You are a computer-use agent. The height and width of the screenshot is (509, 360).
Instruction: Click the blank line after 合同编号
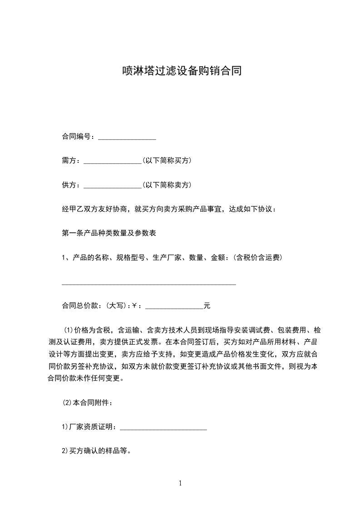(x=127, y=137)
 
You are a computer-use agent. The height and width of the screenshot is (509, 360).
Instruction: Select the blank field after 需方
(x=113, y=161)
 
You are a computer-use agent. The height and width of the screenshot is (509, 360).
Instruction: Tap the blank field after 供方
(x=113, y=185)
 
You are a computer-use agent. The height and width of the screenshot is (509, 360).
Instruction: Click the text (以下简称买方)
(x=167, y=161)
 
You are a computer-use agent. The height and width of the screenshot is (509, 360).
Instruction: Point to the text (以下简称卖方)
(x=167, y=185)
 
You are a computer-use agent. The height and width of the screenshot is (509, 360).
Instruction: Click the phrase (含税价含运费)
(x=257, y=258)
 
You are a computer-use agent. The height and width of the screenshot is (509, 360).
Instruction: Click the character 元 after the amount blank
(x=207, y=306)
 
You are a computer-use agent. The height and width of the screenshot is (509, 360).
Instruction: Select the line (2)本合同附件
(x=87, y=402)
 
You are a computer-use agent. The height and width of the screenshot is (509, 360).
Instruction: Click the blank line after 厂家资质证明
(x=163, y=427)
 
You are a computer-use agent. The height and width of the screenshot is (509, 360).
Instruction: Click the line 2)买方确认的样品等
(x=97, y=451)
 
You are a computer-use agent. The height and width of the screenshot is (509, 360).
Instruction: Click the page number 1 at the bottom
(x=180, y=484)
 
